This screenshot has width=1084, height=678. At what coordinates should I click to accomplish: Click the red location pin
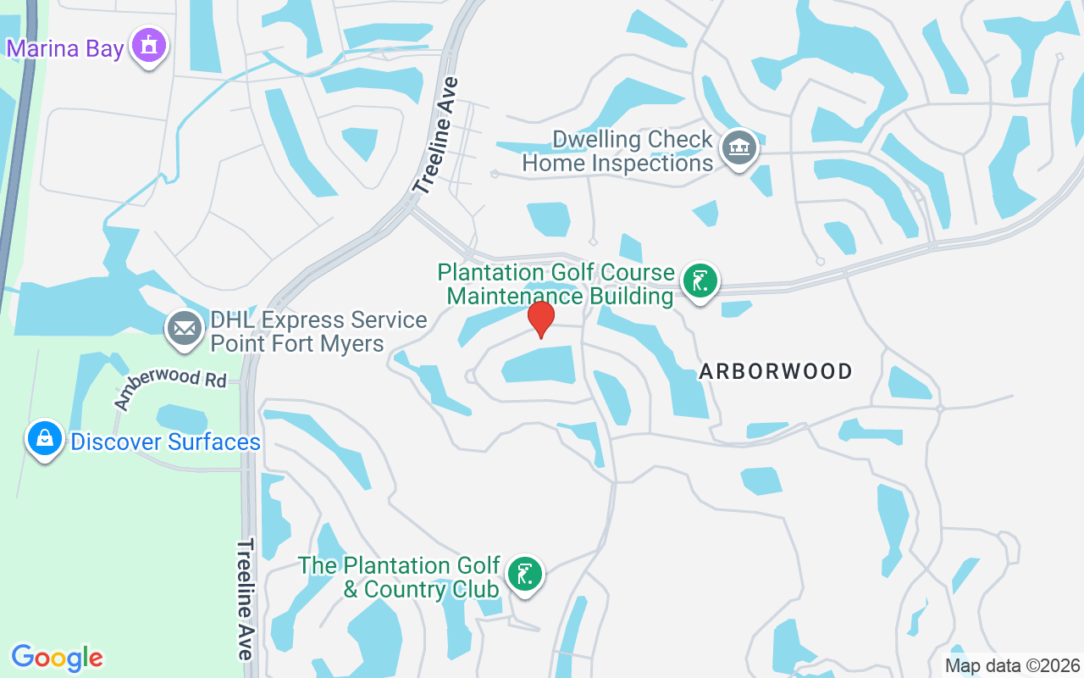pos(541,319)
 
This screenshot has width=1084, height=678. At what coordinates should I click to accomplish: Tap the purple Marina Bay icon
pos(150,46)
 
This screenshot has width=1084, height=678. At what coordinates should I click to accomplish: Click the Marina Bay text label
pos(65,47)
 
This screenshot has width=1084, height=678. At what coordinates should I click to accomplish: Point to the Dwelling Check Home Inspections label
pos(618,151)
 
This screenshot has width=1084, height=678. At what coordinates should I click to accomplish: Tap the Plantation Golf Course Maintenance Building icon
pos(700,281)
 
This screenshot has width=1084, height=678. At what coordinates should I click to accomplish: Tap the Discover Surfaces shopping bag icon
pos(45,439)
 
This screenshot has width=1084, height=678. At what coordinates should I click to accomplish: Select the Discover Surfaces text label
pos(165,442)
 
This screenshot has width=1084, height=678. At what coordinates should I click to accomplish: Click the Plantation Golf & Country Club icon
pos(525,575)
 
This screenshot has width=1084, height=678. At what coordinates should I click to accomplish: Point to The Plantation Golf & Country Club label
pos(399,577)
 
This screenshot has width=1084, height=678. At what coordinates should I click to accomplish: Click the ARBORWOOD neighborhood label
pos(776,371)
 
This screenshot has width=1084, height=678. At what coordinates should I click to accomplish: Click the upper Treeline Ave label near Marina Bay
pos(437,136)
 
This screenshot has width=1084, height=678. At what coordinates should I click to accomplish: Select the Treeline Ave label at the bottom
pos(246,598)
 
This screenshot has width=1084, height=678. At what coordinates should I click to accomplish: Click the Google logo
pos(58,658)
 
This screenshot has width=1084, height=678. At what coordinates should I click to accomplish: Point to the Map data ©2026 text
pos(1013,666)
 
